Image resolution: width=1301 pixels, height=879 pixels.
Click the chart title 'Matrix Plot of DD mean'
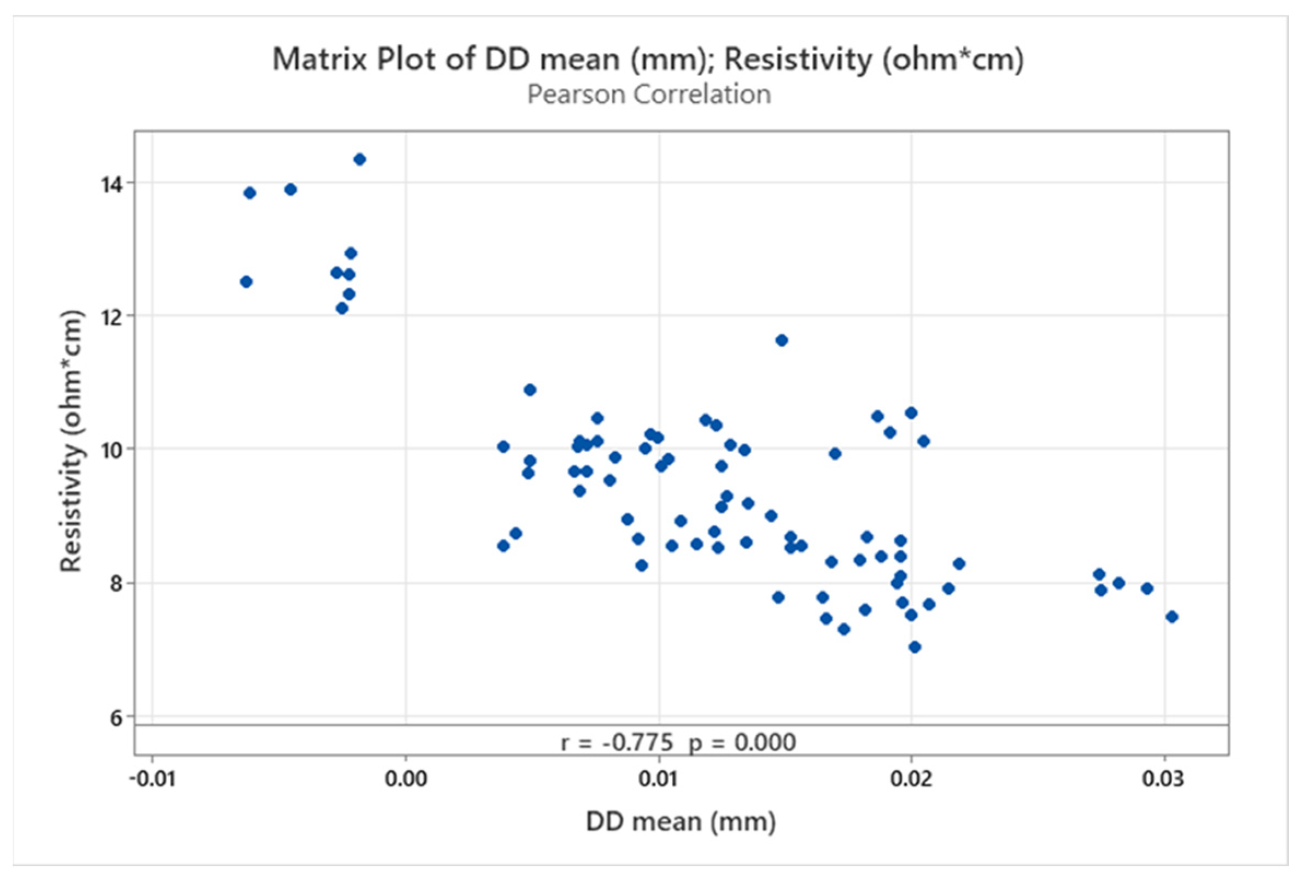tap(648, 60)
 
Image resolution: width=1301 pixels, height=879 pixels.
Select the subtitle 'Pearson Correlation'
tap(649, 95)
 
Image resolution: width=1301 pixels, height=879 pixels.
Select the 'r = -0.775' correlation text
tap(617, 743)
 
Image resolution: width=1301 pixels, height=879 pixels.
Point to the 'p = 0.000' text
tap(742, 743)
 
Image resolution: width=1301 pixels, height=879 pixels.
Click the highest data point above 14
tap(360, 160)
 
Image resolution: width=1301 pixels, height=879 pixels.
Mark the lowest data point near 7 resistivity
tap(915, 647)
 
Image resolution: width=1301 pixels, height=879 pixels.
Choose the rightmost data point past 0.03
tap(1171, 617)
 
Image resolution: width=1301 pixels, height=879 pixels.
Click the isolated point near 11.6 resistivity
tap(782, 340)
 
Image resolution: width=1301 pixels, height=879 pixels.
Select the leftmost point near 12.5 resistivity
tap(247, 281)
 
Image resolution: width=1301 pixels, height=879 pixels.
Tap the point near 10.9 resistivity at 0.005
tap(530, 390)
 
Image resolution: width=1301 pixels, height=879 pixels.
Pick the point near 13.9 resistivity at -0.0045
tap(291, 190)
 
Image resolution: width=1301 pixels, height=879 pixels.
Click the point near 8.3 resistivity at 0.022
tap(959, 563)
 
